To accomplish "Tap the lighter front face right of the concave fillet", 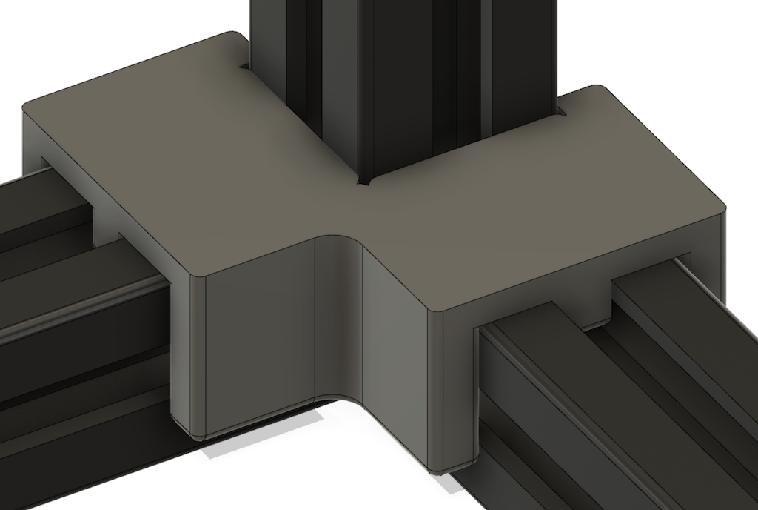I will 396,348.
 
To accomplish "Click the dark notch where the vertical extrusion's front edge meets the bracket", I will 362,181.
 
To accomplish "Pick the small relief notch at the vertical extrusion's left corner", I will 243,67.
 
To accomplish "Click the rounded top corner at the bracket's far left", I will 28,108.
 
